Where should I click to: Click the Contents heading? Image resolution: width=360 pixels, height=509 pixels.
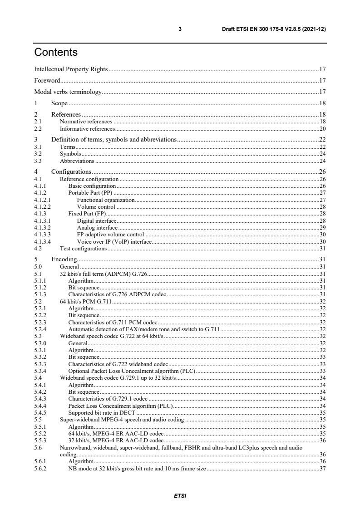(x=56, y=53)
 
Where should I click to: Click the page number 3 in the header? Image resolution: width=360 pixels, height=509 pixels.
(x=180, y=29)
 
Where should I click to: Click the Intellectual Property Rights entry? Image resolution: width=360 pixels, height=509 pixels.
(x=71, y=69)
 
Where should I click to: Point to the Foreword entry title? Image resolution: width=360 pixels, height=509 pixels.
(x=47, y=81)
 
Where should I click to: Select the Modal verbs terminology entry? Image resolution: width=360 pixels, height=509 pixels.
(x=68, y=92)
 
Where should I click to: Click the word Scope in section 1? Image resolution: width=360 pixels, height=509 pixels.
(x=59, y=103)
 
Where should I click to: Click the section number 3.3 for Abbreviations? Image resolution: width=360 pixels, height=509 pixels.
(x=39, y=161)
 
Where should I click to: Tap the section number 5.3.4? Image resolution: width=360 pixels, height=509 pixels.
(x=40, y=371)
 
